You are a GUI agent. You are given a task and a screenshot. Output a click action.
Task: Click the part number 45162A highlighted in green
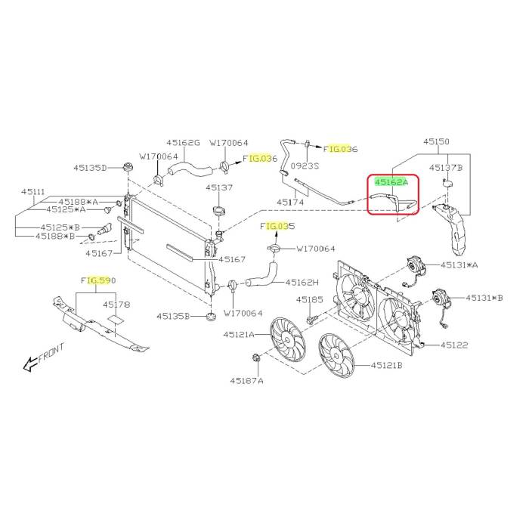[391, 182]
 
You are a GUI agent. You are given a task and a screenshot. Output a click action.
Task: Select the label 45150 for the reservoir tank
[436, 142]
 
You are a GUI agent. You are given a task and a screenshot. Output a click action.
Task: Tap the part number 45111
[33, 193]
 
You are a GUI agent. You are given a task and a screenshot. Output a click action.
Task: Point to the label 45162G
[184, 142]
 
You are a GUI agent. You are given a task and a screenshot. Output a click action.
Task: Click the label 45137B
[445, 167]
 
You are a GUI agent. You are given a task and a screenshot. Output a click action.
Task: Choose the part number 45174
[291, 203]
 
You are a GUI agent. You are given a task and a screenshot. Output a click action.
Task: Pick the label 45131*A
[484, 264]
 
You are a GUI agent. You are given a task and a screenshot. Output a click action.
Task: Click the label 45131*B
[484, 298]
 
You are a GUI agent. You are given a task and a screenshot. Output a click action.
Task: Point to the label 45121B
[387, 366]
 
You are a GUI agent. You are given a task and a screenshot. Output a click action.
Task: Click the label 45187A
[247, 381]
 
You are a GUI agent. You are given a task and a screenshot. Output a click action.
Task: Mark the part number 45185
[310, 300]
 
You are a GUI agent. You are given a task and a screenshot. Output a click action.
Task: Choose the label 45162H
[302, 283]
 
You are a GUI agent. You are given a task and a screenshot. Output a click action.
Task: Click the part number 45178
[117, 305]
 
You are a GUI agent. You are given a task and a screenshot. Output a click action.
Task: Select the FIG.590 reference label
[97, 281]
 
